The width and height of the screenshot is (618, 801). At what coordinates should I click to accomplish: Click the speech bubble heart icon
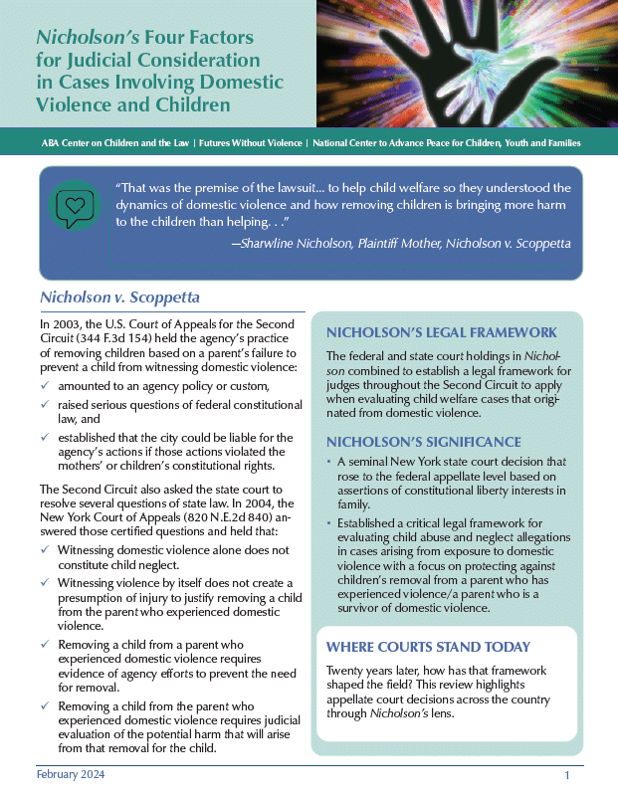tap(75, 206)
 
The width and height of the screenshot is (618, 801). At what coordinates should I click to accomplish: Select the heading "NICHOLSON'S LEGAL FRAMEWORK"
tap(441, 332)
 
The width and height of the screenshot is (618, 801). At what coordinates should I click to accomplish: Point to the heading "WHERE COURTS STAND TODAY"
tap(428, 647)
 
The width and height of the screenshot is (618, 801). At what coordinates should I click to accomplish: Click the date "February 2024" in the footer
tap(71, 774)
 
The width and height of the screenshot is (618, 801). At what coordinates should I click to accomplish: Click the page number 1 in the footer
tap(566, 775)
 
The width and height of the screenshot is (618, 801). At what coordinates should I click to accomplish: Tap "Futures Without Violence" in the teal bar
tap(250, 143)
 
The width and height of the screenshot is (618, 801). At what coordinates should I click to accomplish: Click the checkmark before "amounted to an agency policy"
tap(45, 386)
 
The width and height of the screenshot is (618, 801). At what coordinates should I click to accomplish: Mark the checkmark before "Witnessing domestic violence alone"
tap(45, 549)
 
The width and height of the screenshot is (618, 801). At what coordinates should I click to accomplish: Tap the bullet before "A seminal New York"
tap(329, 462)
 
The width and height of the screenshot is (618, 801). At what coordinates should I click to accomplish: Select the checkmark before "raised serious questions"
tap(45, 406)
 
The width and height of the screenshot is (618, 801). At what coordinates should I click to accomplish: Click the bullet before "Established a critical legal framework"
tap(329, 522)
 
